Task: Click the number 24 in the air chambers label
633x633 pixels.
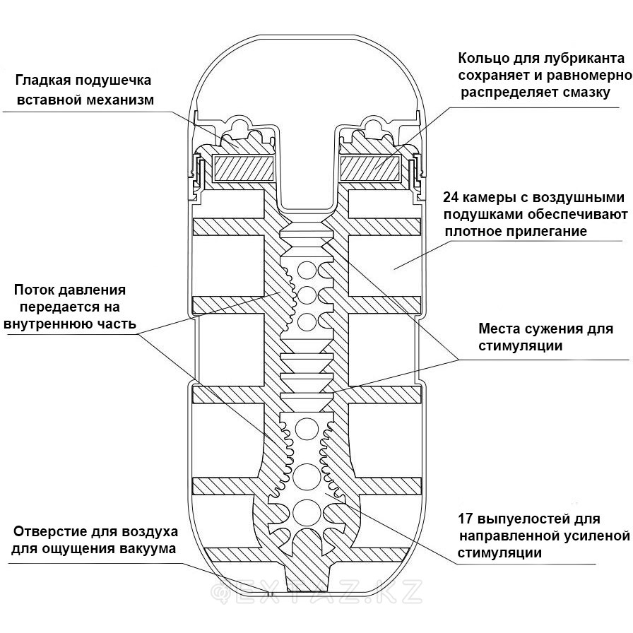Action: click(x=453, y=197)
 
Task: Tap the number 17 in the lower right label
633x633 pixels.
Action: click(x=467, y=518)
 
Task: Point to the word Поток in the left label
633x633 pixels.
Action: click(x=36, y=290)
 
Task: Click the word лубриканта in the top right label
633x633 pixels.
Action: click(x=579, y=58)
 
